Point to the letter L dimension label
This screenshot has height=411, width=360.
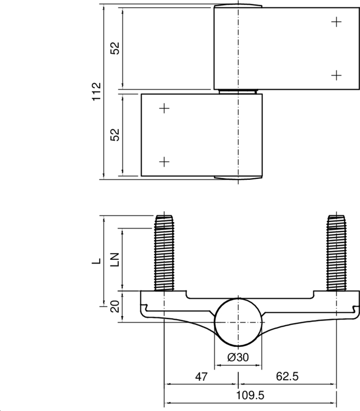click(x=96, y=261)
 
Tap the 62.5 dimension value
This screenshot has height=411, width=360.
click(x=287, y=377)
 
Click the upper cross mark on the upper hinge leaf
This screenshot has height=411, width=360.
click(x=336, y=22)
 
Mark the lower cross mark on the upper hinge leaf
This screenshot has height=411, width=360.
click(x=336, y=75)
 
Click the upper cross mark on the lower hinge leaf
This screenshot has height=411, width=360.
click(x=164, y=108)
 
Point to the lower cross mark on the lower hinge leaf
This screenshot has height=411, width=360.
click(x=164, y=162)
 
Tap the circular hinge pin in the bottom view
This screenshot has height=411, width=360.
click(x=238, y=321)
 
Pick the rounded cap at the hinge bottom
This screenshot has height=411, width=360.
click(x=238, y=178)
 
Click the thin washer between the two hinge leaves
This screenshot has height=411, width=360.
click(x=238, y=91)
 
